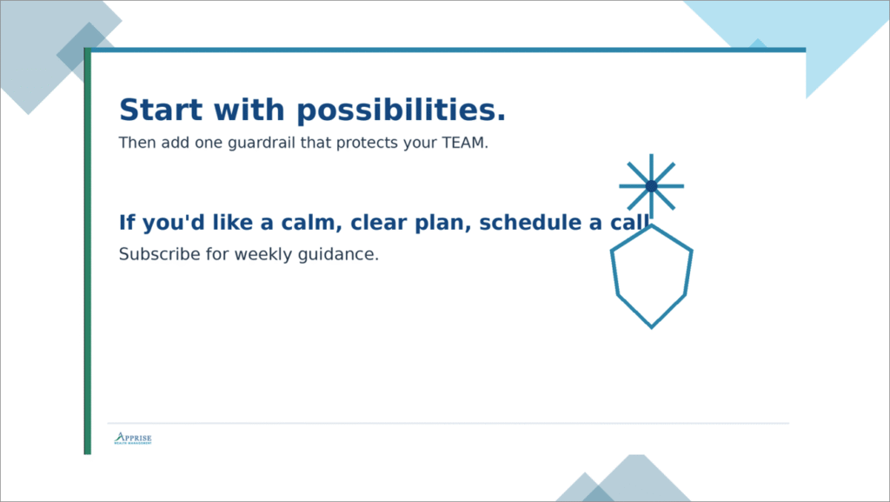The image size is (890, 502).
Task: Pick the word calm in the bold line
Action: point(309,223)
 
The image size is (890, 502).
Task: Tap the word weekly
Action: point(265,255)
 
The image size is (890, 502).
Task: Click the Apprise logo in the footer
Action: point(133,438)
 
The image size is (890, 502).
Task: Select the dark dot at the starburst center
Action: point(651,186)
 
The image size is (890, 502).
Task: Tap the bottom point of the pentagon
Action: point(651,326)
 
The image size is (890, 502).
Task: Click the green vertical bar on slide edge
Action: point(87,261)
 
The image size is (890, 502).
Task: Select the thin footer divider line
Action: point(448,424)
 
